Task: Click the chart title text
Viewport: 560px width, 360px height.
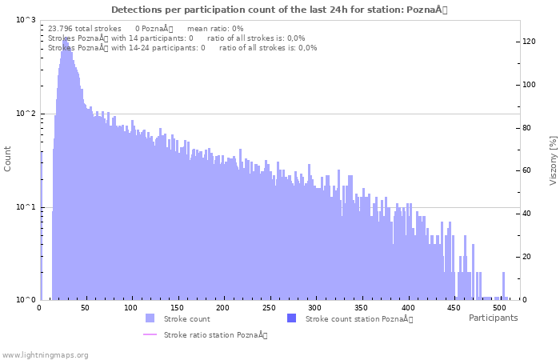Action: click(279, 10)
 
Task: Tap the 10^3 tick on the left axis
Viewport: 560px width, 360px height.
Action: click(26, 20)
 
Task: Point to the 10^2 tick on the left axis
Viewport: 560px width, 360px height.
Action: click(26, 114)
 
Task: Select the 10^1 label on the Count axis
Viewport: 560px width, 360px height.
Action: click(26, 207)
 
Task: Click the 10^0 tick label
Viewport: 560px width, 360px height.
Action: click(26, 300)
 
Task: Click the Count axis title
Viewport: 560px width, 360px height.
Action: click(8, 158)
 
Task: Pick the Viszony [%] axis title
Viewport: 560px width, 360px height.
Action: click(553, 160)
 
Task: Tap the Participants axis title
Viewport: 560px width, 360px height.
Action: click(493, 318)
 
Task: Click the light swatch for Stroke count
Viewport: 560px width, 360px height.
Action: click(150, 318)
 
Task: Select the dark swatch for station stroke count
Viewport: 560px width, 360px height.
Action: click(291, 318)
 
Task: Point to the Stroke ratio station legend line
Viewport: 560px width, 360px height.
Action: click(150, 334)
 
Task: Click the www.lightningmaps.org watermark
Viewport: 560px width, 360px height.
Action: click(46, 354)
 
